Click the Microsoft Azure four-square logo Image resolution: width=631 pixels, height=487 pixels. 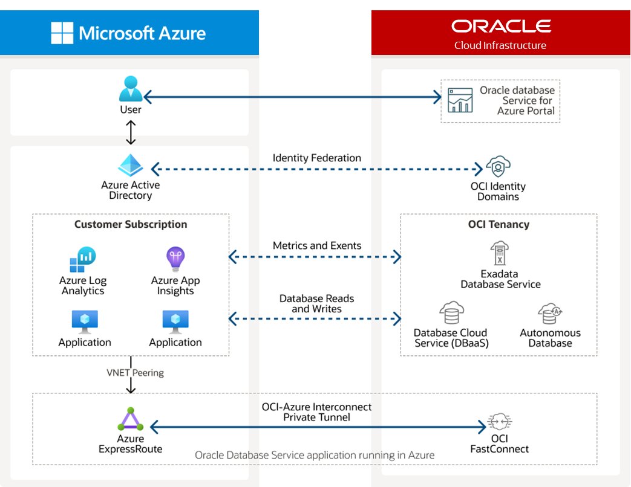click(63, 33)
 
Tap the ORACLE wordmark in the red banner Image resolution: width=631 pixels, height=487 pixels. click(501, 26)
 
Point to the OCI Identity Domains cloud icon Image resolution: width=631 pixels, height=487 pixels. click(498, 166)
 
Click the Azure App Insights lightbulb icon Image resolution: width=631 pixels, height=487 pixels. click(175, 259)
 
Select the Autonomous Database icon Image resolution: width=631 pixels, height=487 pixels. click(550, 315)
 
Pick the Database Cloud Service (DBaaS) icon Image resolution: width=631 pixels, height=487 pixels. click(451, 314)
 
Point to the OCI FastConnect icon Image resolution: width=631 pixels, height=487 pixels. click(499, 423)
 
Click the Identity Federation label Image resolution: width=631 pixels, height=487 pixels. click(317, 158)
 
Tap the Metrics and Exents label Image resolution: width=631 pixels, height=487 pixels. click(317, 246)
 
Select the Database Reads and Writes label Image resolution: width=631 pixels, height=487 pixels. click(317, 304)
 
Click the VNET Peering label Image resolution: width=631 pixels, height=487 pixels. click(135, 373)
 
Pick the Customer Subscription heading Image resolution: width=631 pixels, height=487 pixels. click(131, 225)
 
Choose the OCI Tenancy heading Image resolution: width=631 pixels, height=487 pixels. click(499, 225)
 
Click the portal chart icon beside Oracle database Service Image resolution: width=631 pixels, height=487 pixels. click(460, 100)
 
